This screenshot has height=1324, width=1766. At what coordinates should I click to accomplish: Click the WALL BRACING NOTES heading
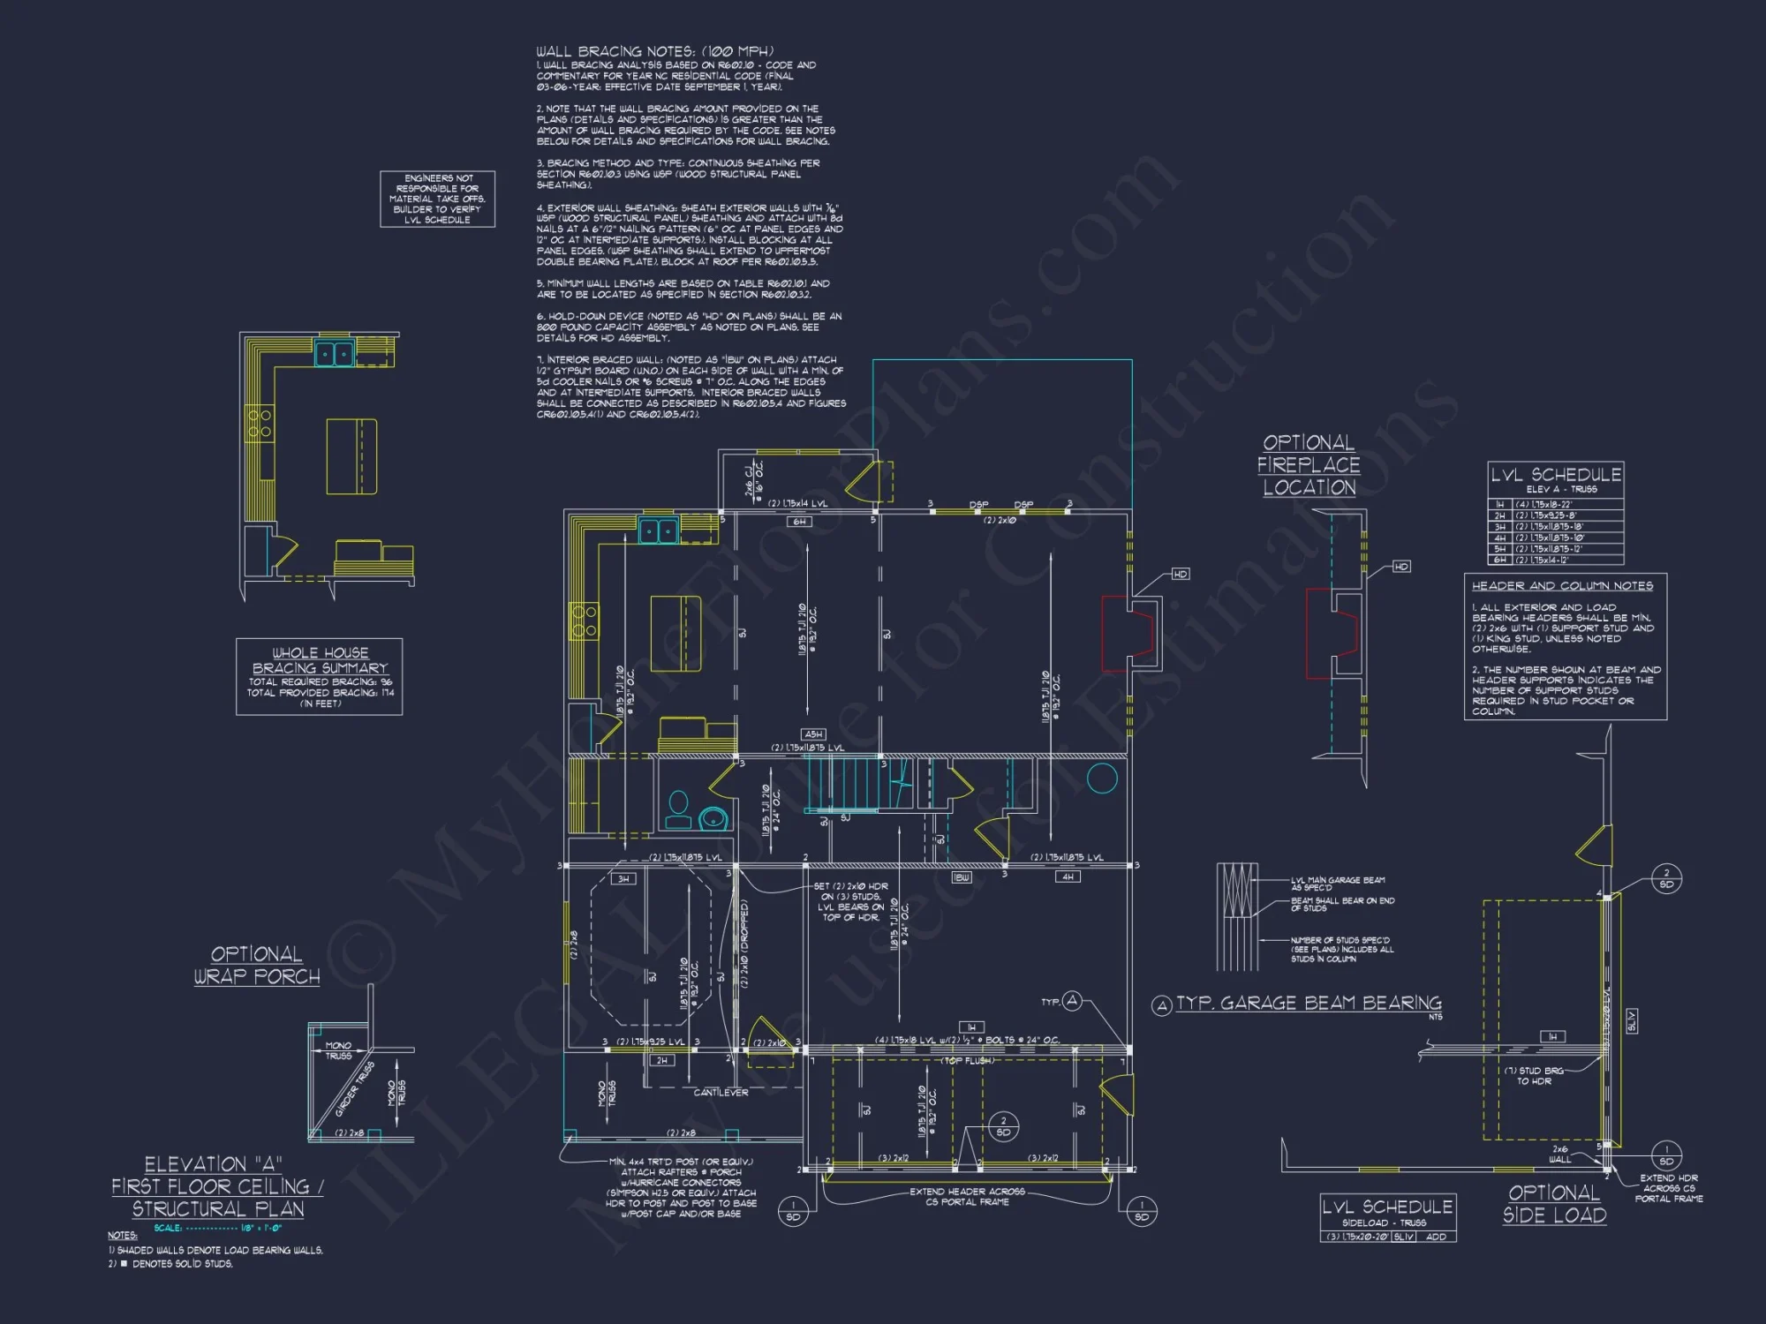654,51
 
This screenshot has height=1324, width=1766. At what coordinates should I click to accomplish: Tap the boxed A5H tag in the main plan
813,734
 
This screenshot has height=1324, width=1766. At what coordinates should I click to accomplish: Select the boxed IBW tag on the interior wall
962,877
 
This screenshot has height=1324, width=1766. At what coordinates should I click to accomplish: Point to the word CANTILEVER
721,1093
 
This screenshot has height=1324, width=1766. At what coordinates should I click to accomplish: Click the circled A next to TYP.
1072,1001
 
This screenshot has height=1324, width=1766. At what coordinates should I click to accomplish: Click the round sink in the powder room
713,818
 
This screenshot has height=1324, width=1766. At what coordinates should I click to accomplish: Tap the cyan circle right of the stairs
1102,778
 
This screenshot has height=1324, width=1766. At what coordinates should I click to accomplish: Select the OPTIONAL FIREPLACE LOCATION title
1309,465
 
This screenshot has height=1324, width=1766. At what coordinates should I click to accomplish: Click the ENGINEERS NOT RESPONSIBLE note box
438,199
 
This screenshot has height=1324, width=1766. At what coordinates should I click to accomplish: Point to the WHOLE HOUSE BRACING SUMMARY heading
320,660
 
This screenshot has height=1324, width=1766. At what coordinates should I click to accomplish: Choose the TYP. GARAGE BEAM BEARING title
1309,1004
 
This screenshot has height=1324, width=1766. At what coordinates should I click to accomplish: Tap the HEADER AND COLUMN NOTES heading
1562,586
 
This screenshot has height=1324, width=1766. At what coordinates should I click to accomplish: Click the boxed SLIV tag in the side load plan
1631,1021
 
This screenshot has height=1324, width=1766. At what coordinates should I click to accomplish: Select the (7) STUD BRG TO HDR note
1535,1075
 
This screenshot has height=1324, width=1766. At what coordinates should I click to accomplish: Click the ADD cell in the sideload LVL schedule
1436,1237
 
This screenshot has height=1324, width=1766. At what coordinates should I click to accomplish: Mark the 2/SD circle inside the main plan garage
1003,1126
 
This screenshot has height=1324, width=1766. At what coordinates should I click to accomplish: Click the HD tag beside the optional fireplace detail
1401,567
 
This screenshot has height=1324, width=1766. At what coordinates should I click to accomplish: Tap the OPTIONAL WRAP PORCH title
257,966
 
